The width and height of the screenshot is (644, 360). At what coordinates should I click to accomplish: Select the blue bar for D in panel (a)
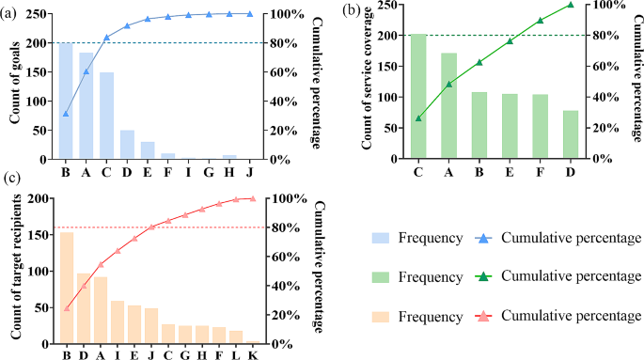pos(127,145)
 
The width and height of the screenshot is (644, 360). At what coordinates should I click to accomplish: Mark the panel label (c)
pos(12,178)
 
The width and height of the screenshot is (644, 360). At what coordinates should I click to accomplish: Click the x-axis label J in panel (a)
pos(250,172)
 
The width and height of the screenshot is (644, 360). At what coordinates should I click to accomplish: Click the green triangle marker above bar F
pos(540,21)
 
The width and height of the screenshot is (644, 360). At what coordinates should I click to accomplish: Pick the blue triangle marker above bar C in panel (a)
pos(106,38)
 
